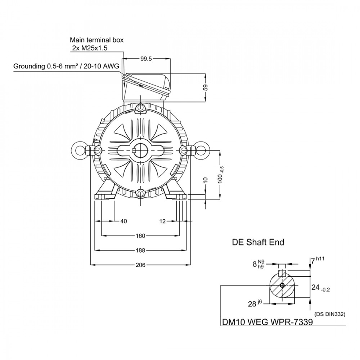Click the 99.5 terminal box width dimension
(146, 59)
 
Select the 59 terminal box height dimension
(206, 87)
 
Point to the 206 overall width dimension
(140, 265)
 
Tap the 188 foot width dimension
(140, 250)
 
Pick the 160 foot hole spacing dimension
(140, 236)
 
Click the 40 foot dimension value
(124, 221)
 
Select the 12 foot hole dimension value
(162, 221)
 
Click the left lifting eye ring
(79, 150)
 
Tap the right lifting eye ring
(202, 150)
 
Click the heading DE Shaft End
(258, 242)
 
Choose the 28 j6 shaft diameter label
(255, 303)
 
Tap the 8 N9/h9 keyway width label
(258, 264)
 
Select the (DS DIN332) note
(329, 314)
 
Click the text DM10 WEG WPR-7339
(267, 322)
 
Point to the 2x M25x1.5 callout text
(90, 48)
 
